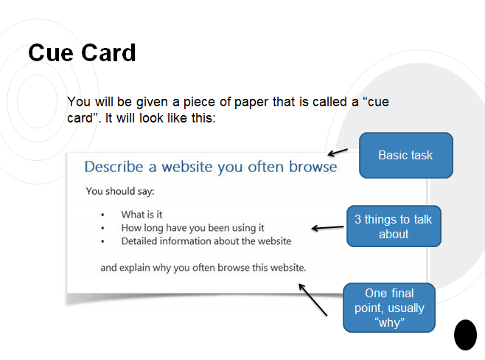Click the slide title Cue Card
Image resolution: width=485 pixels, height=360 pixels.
[82, 53]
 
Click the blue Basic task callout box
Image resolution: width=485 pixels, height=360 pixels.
[405, 156]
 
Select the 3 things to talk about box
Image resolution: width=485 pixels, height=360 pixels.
[394, 226]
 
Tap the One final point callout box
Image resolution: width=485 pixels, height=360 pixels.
[390, 308]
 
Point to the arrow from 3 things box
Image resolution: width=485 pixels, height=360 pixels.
[327, 227]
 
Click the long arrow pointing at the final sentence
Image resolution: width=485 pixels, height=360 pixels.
[313, 300]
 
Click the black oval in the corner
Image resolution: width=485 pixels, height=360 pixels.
[465, 335]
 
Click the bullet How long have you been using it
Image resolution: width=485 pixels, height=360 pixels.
[192, 228]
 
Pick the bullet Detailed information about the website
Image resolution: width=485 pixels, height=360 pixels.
[206, 241]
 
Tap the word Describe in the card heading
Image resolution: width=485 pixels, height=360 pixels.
[114, 167]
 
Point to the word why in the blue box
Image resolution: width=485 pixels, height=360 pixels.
[390, 322]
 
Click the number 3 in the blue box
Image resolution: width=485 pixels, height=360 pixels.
[358, 219]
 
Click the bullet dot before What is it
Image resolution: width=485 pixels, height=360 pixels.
[102, 215]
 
